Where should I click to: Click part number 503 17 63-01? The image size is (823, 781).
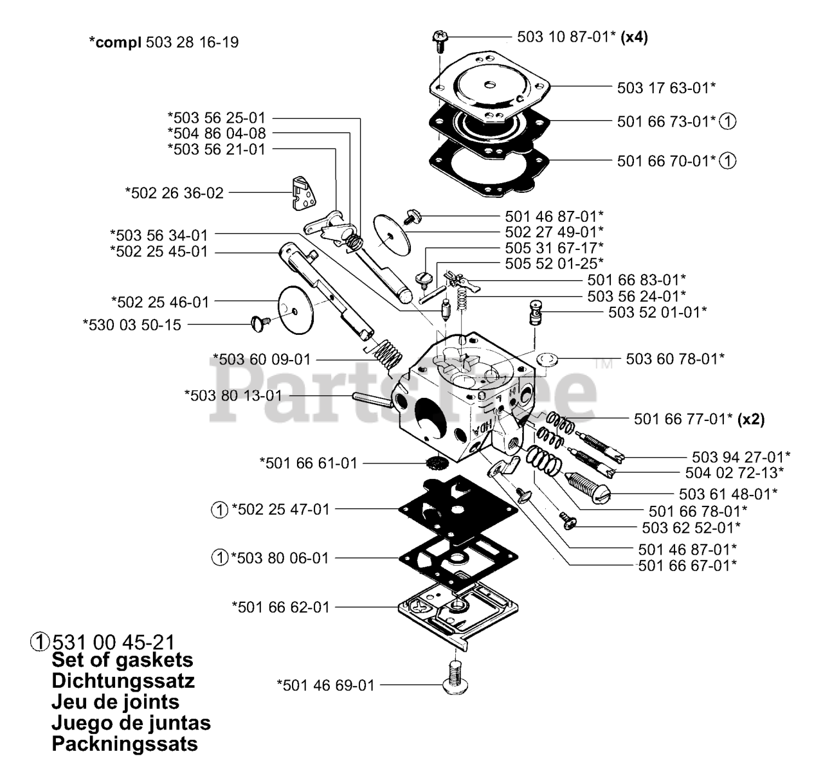coord(666,87)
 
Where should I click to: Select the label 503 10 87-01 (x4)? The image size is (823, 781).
coord(582,37)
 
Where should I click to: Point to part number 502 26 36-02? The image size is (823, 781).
coord(175,192)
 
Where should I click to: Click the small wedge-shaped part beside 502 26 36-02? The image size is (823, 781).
coord(299,192)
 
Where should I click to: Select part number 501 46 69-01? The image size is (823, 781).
coord(325,685)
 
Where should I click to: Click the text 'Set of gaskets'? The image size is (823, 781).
coord(122,660)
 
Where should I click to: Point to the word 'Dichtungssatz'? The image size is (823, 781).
coord(123,681)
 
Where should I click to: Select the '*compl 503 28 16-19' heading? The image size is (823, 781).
coord(164,42)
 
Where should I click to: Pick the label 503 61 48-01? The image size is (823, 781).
coord(728,494)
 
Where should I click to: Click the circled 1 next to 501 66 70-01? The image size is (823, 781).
coord(728,161)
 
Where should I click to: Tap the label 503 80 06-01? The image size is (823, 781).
coord(280,558)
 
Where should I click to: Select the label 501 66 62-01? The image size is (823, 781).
coord(280,607)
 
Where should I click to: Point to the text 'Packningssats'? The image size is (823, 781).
coord(125,744)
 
